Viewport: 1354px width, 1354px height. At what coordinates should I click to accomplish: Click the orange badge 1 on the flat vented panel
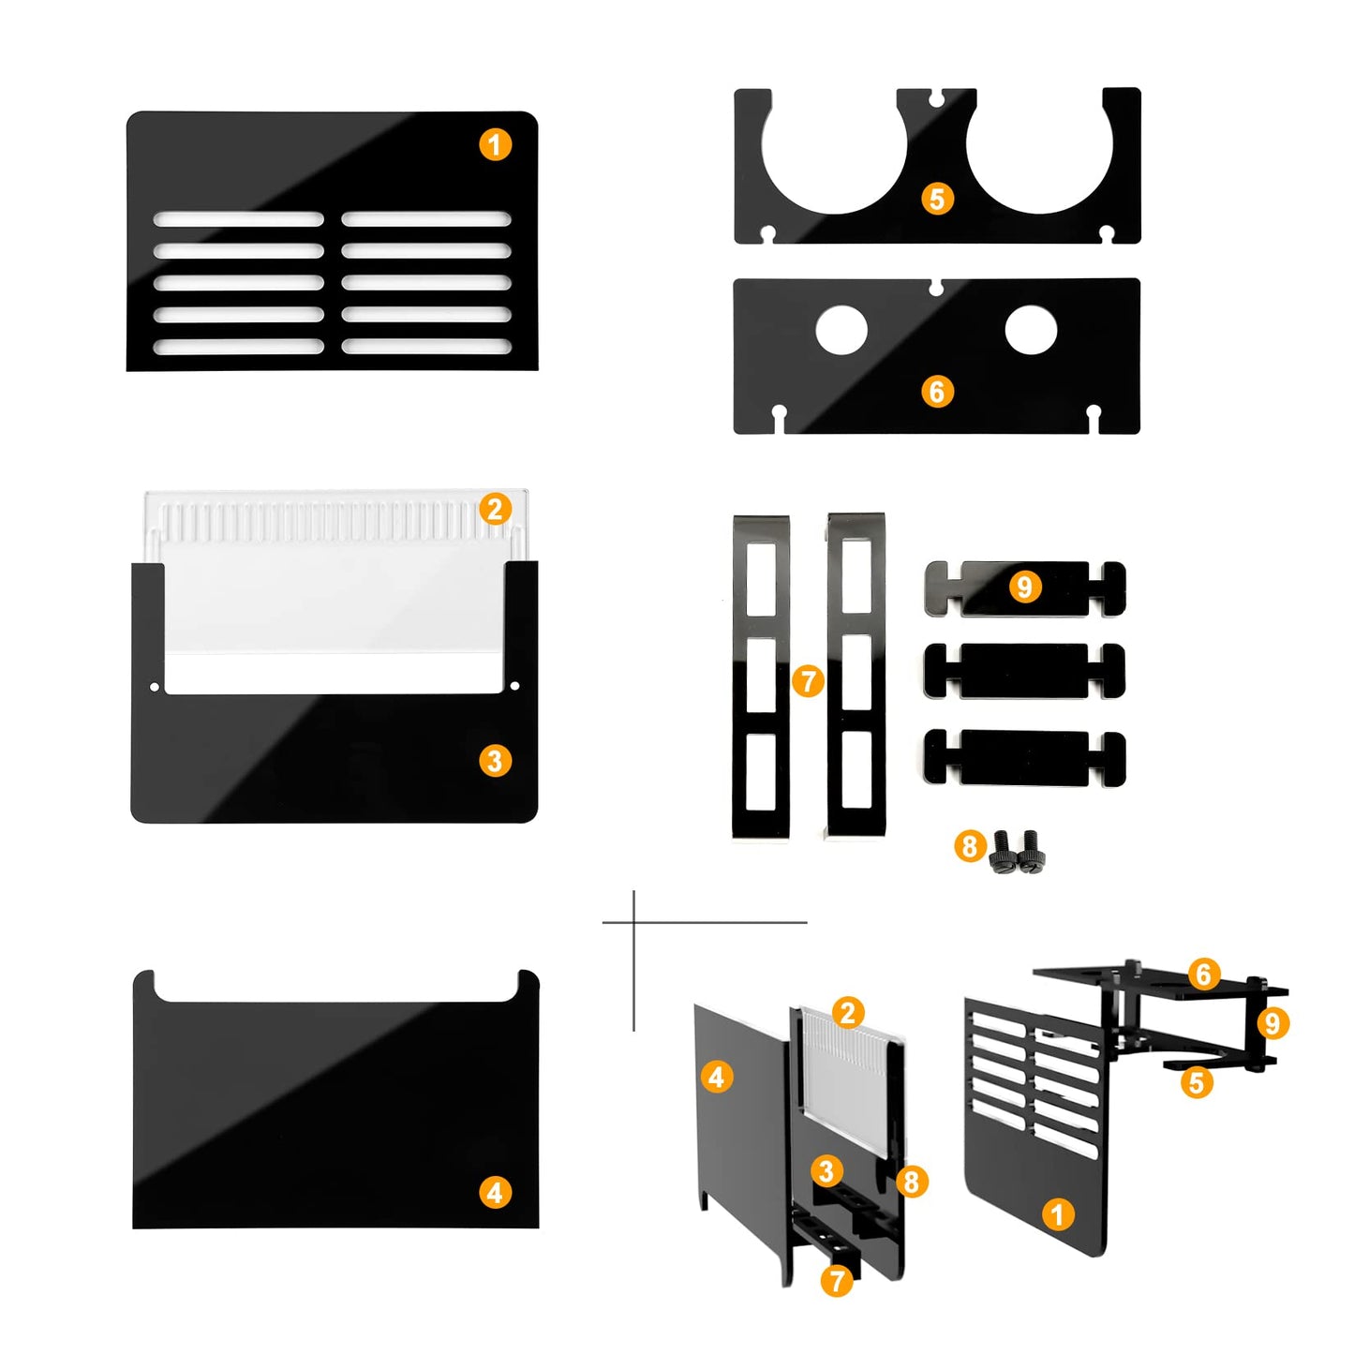[495, 144]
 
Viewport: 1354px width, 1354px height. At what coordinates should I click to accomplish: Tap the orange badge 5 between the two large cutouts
[937, 199]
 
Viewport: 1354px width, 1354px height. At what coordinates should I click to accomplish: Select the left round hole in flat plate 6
[841, 330]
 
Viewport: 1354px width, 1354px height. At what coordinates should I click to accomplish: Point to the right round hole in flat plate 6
[1031, 330]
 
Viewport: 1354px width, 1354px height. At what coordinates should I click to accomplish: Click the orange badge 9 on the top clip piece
[1024, 586]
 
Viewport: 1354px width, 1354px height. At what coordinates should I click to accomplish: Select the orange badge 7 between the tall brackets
[808, 680]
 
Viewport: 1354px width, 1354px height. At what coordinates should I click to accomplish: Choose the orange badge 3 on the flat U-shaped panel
[495, 760]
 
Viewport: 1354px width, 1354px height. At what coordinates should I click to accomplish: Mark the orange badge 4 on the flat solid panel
[495, 1193]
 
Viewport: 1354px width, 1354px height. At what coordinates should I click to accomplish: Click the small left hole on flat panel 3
[156, 685]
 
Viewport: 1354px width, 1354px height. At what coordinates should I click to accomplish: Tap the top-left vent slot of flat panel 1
[239, 219]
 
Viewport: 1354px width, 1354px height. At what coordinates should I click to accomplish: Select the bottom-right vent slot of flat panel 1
[425, 346]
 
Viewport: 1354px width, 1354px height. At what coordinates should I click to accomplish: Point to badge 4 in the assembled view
[716, 1076]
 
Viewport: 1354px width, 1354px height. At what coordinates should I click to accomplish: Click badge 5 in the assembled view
[1196, 1083]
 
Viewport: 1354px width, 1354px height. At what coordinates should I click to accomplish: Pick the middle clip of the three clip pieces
[1024, 671]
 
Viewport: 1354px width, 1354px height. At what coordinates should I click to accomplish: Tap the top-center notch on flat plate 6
[936, 287]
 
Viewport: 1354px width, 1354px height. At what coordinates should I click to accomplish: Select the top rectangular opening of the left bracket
[761, 580]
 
